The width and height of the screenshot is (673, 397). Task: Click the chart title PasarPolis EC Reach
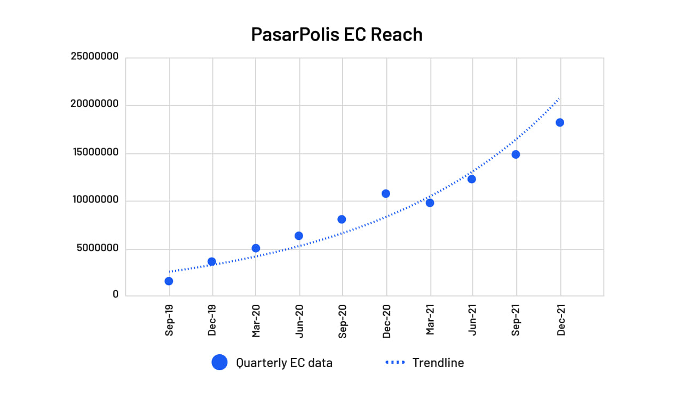pyautogui.click(x=337, y=35)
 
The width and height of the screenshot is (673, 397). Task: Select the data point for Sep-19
pyautogui.click(x=169, y=281)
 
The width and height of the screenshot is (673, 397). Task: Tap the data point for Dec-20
pyautogui.click(x=386, y=193)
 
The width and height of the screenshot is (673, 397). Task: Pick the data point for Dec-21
pyautogui.click(x=560, y=122)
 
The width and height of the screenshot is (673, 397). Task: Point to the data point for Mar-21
pyautogui.click(x=430, y=203)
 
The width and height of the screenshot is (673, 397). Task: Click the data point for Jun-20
pyautogui.click(x=299, y=236)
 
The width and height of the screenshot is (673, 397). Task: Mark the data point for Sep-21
pyautogui.click(x=516, y=154)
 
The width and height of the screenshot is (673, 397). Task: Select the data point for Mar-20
pyautogui.click(x=256, y=248)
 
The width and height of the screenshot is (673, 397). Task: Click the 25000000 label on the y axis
pyautogui.click(x=94, y=56)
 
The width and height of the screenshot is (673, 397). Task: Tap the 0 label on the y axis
pyautogui.click(x=115, y=294)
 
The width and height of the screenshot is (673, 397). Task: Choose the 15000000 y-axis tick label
pyautogui.click(x=94, y=152)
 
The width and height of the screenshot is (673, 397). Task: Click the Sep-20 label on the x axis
pyautogui.click(x=343, y=321)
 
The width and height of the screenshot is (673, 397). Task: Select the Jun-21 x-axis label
pyautogui.click(x=473, y=321)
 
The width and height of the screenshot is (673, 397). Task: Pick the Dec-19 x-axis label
pyautogui.click(x=212, y=321)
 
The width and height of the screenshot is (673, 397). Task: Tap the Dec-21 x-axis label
pyautogui.click(x=560, y=321)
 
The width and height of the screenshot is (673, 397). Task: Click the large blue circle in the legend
pyautogui.click(x=219, y=363)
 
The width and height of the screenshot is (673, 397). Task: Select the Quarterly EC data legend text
pyautogui.click(x=284, y=363)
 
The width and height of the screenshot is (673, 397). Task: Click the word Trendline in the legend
pyautogui.click(x=438, y=363)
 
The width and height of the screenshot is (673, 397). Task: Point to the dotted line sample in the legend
pyautogui.click(x=395, y=363)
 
